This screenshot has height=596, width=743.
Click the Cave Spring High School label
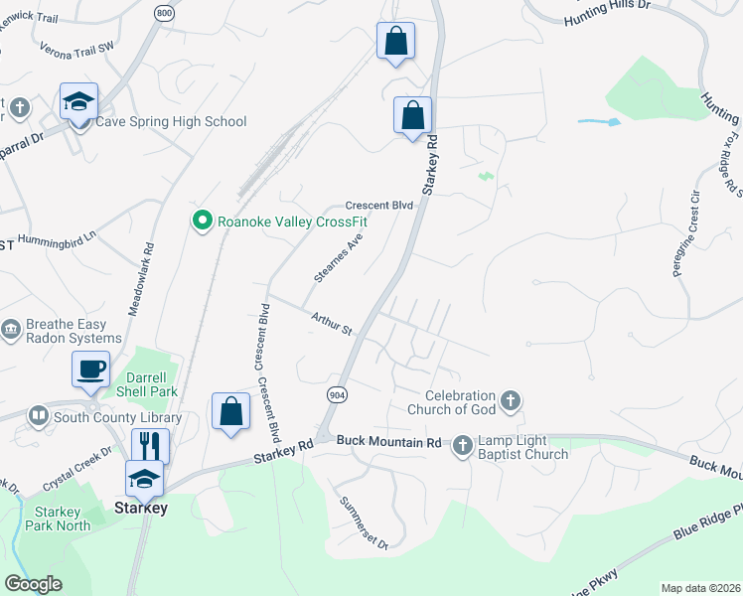coord(170,122)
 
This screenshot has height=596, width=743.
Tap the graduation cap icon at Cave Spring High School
coord(78,101)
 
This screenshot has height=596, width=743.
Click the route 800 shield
coord(165,11)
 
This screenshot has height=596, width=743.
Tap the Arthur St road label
coord(333,324)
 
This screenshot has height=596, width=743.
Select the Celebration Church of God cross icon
coord(511,400)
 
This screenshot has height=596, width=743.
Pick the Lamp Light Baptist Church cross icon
coord(462,446)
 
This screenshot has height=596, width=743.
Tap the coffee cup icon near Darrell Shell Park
coord(91,369)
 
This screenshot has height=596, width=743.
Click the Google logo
coord(33,584)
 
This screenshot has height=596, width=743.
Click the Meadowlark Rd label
coord(140,281)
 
